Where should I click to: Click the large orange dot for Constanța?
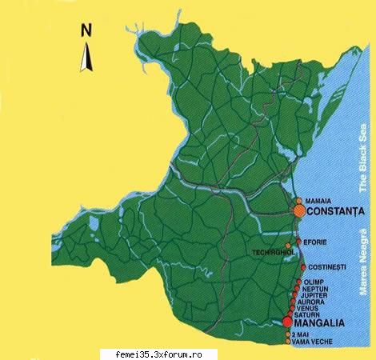pyautogui.click(x=299, y=211)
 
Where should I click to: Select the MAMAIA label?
pyautogui.click(x=318, y=201)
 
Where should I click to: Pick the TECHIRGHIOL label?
pyautogui.click(x=271, y=252)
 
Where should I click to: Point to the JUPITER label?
pyautogui.click(x=316, y=296)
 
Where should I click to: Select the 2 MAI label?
pyautogui.click(x=302, y=334)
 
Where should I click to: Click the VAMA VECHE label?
pyautogui.click(x=313, y=342)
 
